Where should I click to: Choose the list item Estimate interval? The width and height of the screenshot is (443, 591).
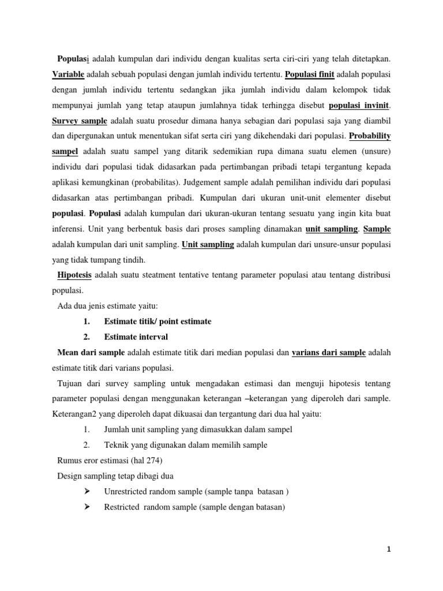[136, 336]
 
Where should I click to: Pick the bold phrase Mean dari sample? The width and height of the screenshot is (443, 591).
[91, 352]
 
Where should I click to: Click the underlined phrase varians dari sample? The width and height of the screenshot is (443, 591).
[329, 352]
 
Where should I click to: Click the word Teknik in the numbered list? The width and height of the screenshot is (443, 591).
[116, 445]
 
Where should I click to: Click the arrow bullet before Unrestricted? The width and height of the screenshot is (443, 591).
[88, 492]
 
